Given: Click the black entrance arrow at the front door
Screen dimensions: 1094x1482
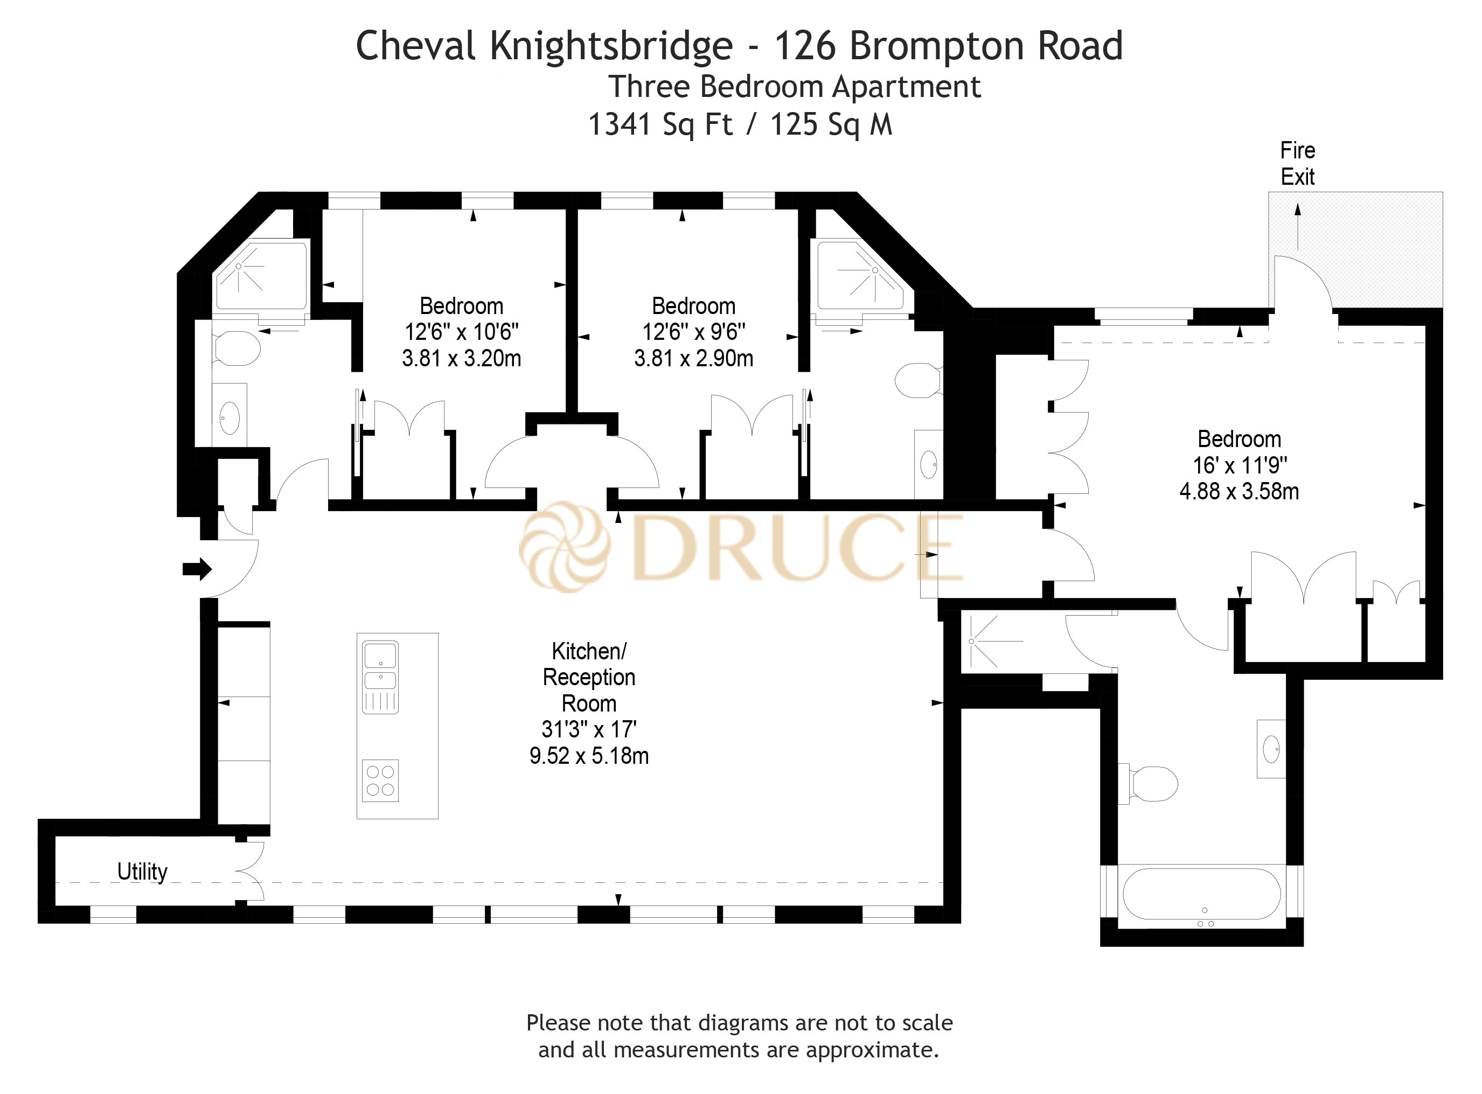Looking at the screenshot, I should [197, 569].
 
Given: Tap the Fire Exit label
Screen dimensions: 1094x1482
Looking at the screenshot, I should [1297, 164].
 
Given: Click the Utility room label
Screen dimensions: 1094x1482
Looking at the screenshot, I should [142, 872].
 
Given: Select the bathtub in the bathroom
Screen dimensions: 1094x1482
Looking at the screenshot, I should [1201, 893].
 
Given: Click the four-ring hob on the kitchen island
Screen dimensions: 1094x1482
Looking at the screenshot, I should [380, 780].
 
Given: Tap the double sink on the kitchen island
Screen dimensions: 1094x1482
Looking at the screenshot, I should [380, 666].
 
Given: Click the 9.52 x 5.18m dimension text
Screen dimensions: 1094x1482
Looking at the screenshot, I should [589, 756].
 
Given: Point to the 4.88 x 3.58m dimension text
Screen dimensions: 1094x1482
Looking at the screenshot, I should [1239, 491].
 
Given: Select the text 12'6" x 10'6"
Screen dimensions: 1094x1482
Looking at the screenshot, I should [462, 332].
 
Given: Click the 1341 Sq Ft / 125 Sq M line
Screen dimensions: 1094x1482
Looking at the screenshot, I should [740, 124].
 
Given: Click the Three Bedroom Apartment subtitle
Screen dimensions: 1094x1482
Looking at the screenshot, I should [794, 87].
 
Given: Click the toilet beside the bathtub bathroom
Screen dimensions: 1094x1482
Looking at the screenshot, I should [1152, 785].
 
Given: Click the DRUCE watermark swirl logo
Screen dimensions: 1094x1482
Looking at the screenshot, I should [564, 546].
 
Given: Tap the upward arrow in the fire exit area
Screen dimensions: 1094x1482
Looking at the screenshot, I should [1297, 225].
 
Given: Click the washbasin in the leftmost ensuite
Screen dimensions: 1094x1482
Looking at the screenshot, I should [229, 418].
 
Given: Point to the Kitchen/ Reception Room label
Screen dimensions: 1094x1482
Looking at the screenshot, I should [589, 677].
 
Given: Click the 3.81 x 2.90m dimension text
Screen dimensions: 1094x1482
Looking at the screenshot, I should [693, 358].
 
